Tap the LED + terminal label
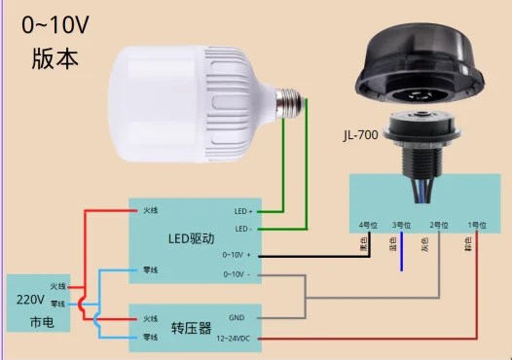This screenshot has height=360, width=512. tap(242, 210)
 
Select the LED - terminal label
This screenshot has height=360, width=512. tap(242, 229)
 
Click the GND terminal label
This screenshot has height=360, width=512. tap(238, 317)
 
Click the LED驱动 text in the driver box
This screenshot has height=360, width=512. tap(191, 238)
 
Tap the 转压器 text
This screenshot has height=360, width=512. tap(191, 328)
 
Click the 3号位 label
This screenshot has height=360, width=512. tap(401, 226)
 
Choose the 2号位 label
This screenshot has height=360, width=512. tap(436, 226)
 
